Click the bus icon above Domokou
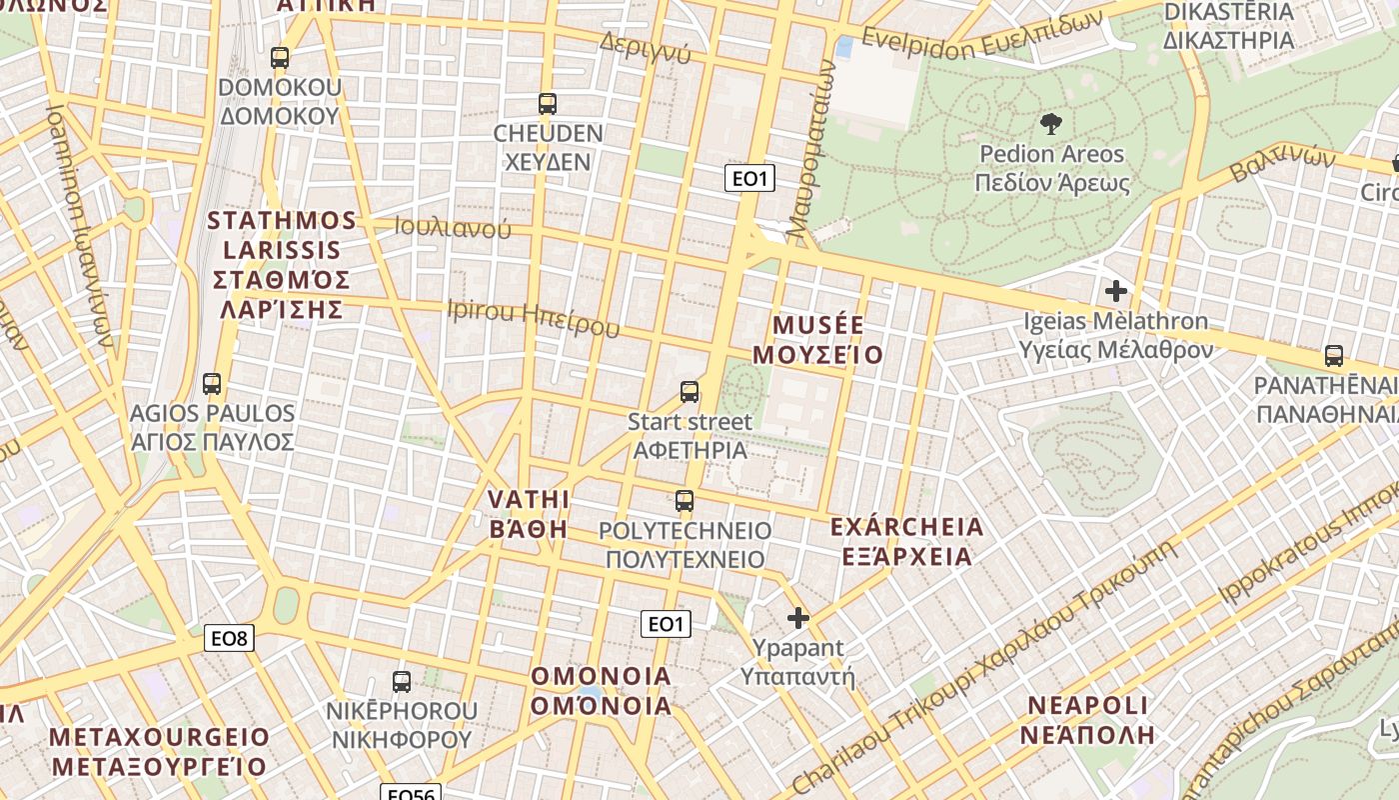[x=280, y=58]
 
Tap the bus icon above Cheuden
[x=547, y=104]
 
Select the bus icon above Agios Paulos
[x=212, y=384]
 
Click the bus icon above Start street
[x=690, y=392]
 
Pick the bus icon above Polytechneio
[x=685, y=501]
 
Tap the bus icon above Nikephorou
[x=402, y=682]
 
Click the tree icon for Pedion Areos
[x=1050, y=125]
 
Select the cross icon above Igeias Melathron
[x=1116, y=292]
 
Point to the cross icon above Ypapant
[x=797, y=618]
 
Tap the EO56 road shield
[x=411, y=793]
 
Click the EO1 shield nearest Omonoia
[x=666, y=625]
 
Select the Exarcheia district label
[x=906, y=541]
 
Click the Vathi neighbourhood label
[x=529, y=513]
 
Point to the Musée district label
[x=818, y=340]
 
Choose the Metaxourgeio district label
[x=160, y=752]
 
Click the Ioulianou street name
[x=453, y=227]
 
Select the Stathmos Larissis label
[x=282, y=264]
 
